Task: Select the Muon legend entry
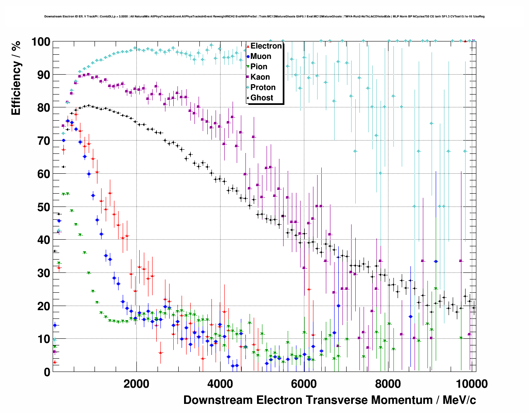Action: click(x=261, y=56)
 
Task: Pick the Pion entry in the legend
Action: click(x=259, y=67)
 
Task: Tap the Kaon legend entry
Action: click(x=260, y=77)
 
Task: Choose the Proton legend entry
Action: click(x=263, y=87)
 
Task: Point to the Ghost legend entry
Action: click(x=262, y=98)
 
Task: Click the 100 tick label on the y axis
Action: click(x=41, y=41)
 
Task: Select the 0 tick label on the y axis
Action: click(x=47, y=372)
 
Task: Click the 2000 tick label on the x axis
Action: click(x=136, y=384)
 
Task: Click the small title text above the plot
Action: click(x=264, y=17)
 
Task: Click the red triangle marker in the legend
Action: click(x=248, y=46)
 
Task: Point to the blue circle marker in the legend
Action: click(x=248, y=56)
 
